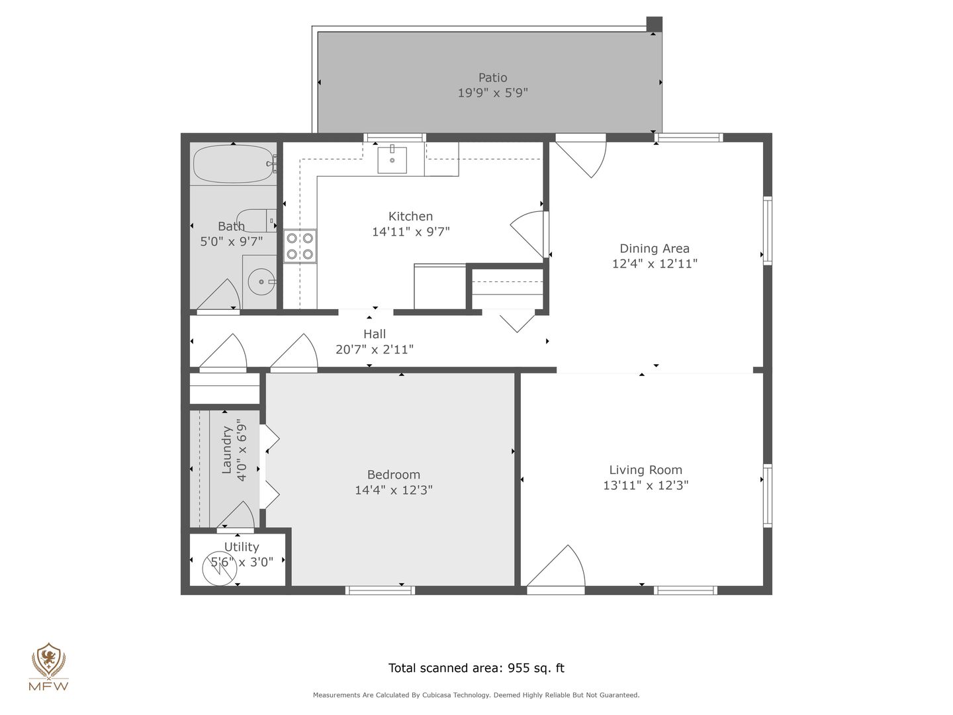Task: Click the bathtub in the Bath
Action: [x=234, y=164]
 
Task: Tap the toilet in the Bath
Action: [x=256, y=220]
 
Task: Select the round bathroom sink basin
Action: [x=261, y=282]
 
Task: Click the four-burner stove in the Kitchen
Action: [x=300, y=246]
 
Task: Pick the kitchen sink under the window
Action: [x=392, y=160]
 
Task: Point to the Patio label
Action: [x=492, y=77]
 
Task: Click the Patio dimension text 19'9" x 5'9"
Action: [x=493, y=93]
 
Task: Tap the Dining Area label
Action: [x=655, y=249]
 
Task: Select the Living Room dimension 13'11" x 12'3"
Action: [x=646, y=485]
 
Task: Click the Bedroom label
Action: [x=393, y=475]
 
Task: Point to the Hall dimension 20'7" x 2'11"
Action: [x=375, y=350]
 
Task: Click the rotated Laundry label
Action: [x=226, y=450]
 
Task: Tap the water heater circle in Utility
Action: [x=220, y=568]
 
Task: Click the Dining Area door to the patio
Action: [x=581, y=156]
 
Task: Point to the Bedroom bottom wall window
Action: [x=380, y=590]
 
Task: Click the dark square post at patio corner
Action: [x=655, y=24]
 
